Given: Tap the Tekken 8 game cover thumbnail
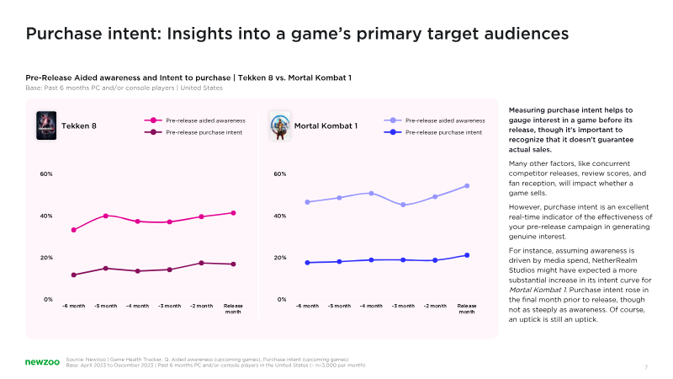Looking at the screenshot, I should [x=46, y=125].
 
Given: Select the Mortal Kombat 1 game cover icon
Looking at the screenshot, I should [x=279, y=125].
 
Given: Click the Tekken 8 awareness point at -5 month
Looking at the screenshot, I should [x=106, y=216].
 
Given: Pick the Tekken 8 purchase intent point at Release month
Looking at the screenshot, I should [x=233, y=264].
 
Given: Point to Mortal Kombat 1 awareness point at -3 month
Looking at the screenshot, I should [x=403, y=205].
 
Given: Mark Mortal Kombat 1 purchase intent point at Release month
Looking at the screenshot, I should [x=467, y=255].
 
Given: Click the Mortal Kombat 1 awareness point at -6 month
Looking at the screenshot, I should [x=308, y=202].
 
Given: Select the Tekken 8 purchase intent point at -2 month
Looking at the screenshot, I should [x=201, y=263].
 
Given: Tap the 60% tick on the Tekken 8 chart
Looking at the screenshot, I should [x=46, y=173].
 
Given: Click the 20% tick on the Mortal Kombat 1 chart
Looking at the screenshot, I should [x=280, y=258].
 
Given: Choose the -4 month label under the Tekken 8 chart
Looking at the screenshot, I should [x=137, y=306].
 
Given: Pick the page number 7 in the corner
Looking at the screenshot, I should [x=646, y=366].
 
